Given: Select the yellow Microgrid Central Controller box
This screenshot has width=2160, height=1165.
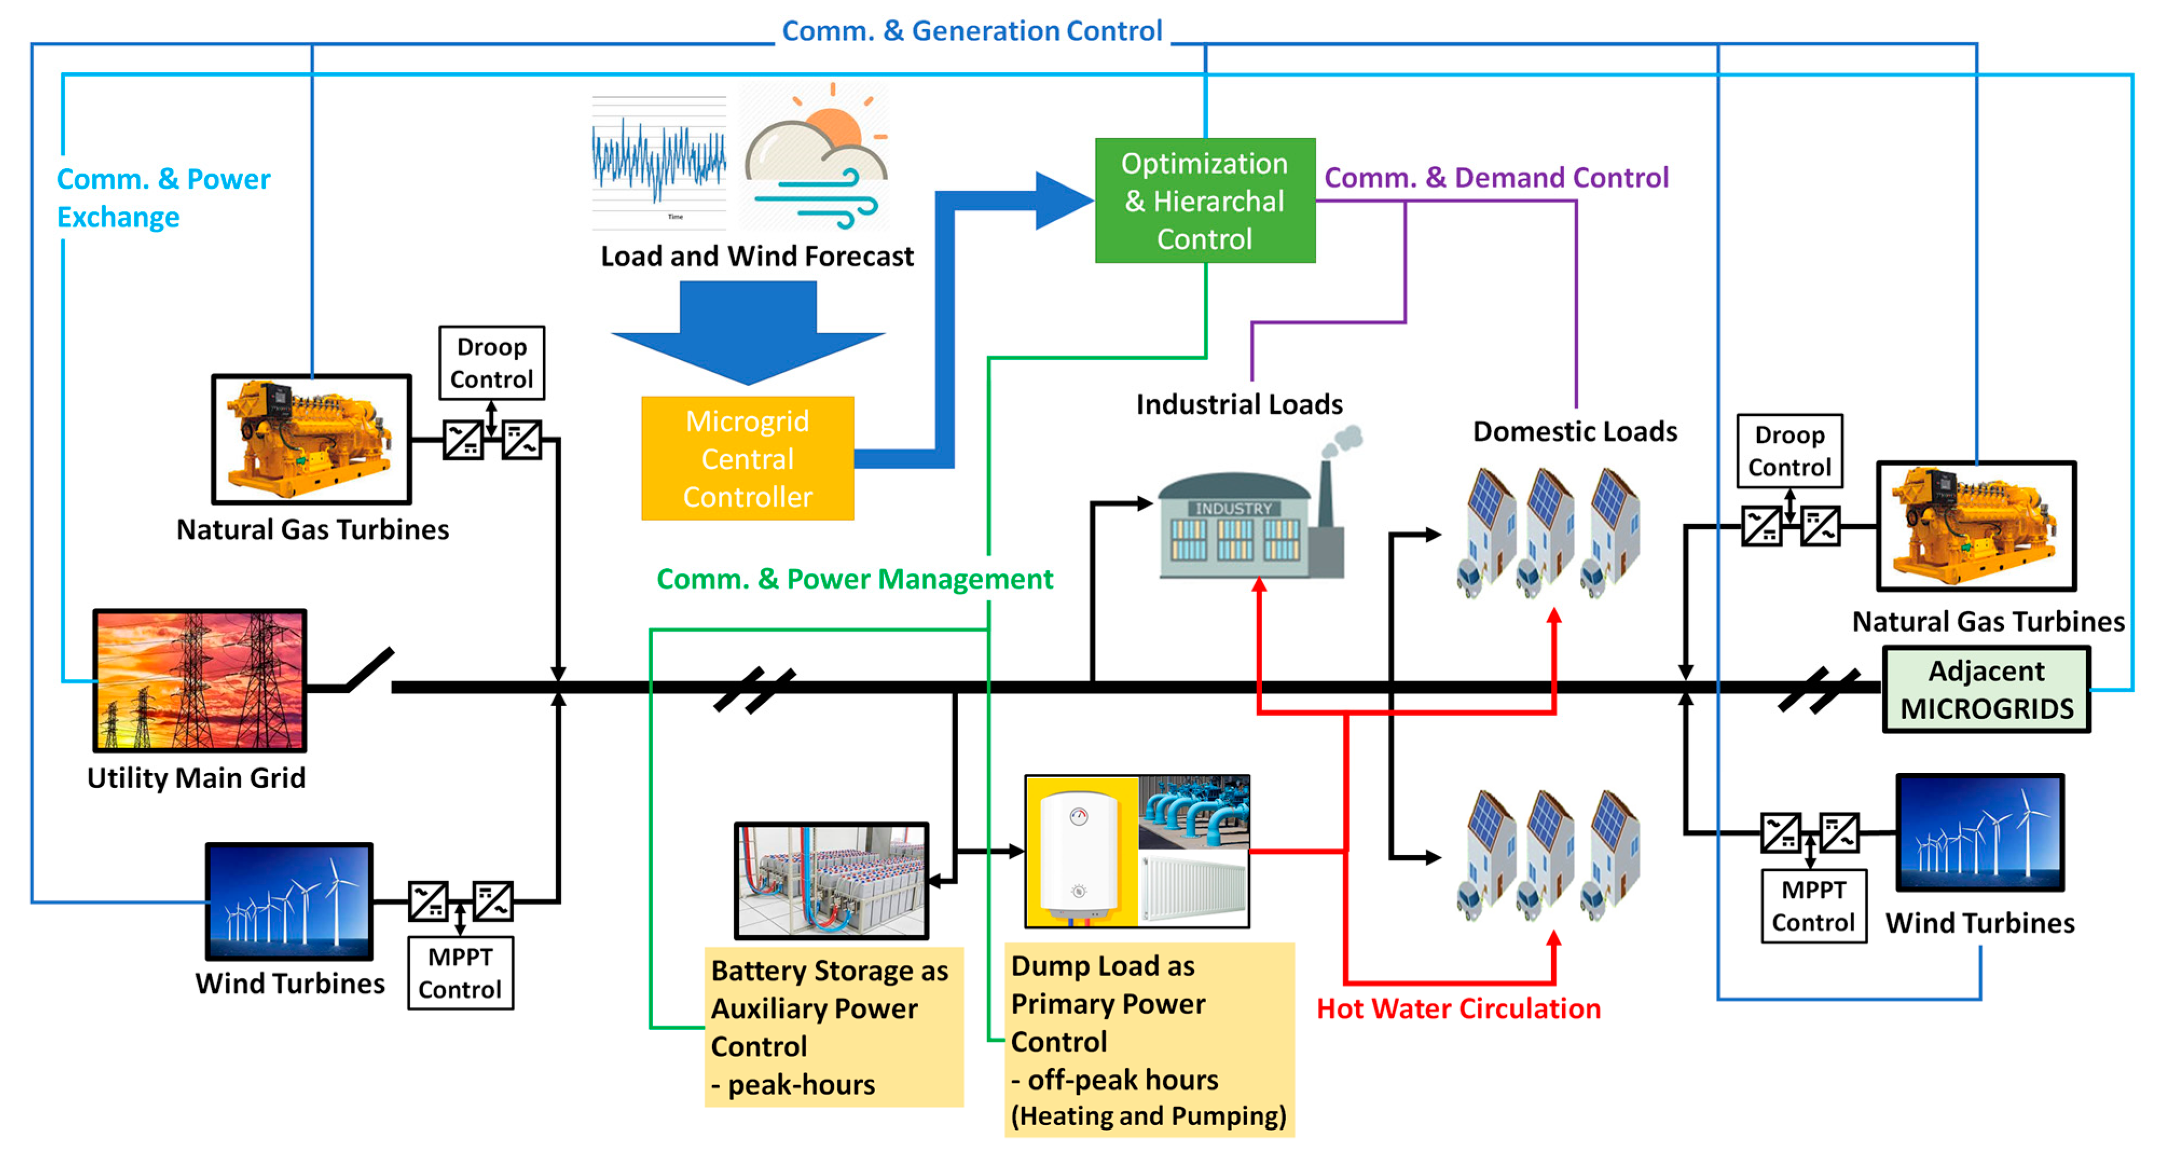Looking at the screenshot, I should click(747, 459).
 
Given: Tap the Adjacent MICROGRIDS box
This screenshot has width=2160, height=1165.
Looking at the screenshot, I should click(1986, 689).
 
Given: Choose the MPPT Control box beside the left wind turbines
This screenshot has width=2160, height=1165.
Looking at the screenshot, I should click(460, 973).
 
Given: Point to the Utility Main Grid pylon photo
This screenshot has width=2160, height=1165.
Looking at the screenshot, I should click(200, 680).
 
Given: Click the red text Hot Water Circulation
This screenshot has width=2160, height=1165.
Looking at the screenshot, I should click(1458, 1008).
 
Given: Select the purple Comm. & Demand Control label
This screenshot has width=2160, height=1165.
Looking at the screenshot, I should click(1496, 178).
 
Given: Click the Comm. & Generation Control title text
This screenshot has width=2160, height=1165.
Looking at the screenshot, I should click(971, 31).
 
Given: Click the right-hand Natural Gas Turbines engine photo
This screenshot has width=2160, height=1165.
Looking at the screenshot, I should click(1976, 526).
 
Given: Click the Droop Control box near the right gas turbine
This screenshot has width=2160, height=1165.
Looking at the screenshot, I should click(1790, 450).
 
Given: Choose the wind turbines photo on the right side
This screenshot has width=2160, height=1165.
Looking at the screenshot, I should click(1980, 832).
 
